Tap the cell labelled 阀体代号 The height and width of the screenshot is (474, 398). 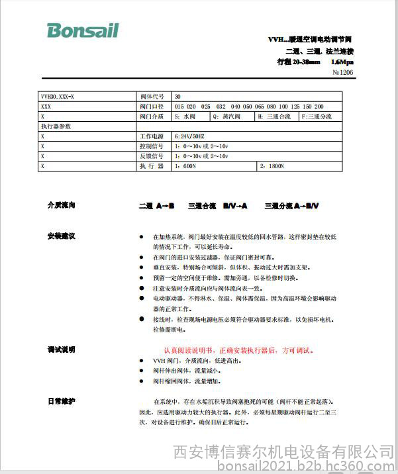[x=152, y=96]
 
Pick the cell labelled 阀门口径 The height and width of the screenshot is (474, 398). [x=152, y=106]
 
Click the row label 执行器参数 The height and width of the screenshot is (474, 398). [x=56, y=126]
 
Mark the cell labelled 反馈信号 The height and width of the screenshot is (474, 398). [x=152, y=156]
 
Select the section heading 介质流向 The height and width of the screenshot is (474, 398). [x=62, y=205]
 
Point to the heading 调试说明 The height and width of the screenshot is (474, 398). [x=62, y=350]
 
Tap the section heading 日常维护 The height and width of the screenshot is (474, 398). [x=62, y=401]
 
